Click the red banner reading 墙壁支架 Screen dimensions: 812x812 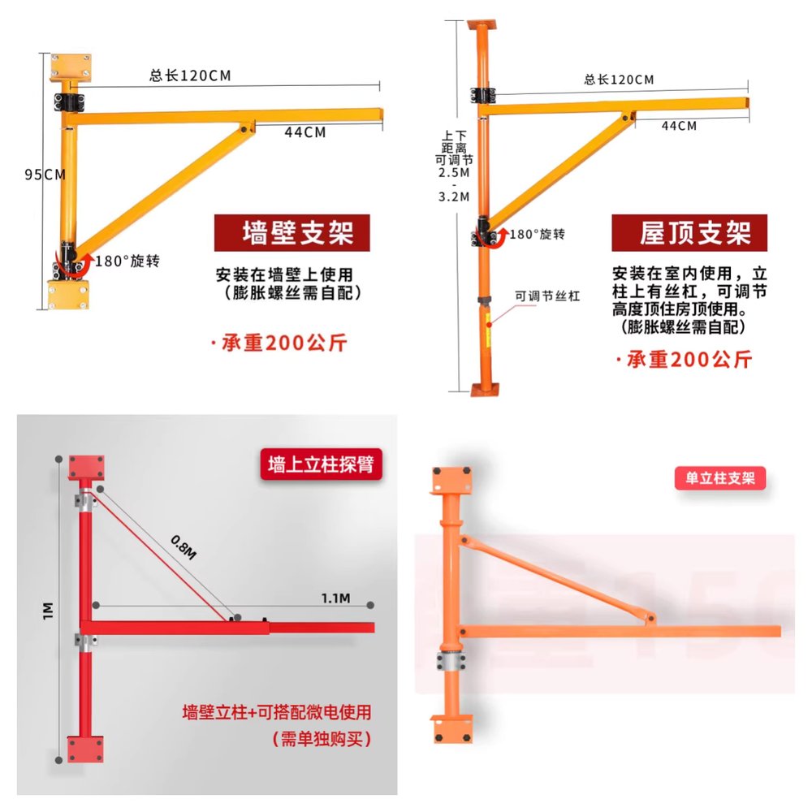coord(292,232)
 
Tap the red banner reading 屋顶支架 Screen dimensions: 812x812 coord(689,232)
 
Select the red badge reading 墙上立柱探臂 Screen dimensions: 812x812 coord(321,464)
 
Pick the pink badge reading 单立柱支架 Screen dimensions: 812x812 coord(719,477)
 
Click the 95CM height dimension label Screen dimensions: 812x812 coord(45,175)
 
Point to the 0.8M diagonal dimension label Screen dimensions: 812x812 coord(184,547)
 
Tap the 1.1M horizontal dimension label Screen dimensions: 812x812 coord(335,598)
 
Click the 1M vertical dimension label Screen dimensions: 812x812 coord(48,611)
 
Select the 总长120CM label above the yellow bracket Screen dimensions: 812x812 coord(190,76)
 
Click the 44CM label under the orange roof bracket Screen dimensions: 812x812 coord(679,126)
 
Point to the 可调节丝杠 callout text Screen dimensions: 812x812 coord(547,296)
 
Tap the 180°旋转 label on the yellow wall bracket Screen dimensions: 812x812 coord(127,261)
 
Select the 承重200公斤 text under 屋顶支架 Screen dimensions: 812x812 coord(685,360)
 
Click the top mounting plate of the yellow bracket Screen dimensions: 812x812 coord(71,67)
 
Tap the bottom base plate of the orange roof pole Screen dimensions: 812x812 coord(485,390)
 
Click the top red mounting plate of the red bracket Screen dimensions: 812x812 coord(86,467)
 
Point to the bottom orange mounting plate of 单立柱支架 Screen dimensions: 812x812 coord(451,729)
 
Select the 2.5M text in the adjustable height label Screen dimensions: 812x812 coord(454,173)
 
